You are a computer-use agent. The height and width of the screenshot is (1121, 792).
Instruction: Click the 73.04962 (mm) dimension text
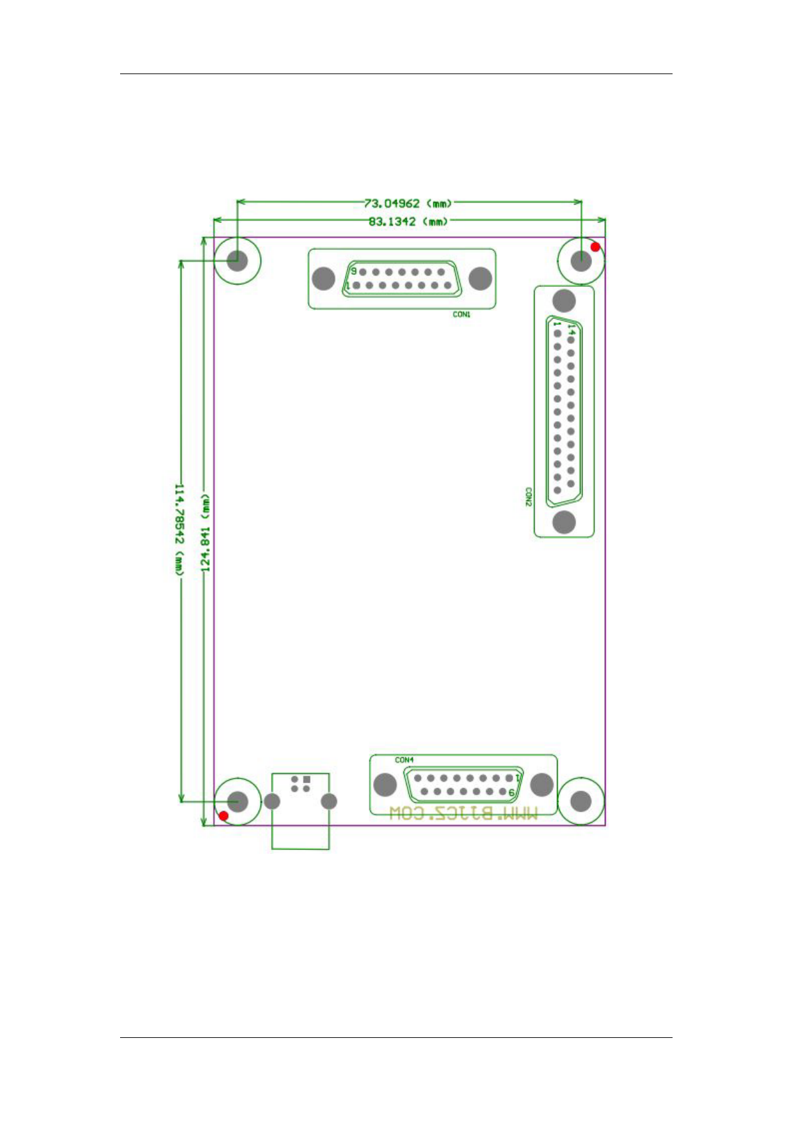407,203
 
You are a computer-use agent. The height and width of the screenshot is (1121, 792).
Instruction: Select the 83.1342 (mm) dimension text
407,222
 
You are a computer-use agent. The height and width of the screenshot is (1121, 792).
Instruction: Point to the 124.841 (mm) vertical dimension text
205,532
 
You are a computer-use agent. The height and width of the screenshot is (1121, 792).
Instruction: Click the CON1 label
461,314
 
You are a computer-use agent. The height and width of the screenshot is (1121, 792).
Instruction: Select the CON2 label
528,497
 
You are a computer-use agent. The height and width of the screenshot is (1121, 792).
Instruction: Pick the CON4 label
404,760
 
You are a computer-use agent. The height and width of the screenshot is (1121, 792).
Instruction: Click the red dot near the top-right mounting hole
595,247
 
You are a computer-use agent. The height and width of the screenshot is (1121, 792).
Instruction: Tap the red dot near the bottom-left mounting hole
224,816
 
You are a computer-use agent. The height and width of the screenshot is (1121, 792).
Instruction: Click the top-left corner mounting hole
237,260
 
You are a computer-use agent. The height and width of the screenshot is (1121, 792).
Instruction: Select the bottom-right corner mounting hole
581,801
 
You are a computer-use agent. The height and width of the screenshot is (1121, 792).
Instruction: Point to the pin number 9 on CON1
354,271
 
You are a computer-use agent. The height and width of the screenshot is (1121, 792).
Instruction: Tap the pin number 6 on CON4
512,792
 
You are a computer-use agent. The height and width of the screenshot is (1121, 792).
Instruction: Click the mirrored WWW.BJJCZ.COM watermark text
463,813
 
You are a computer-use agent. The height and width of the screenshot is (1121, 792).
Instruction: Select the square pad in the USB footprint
307,780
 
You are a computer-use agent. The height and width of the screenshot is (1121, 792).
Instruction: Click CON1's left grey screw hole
323,279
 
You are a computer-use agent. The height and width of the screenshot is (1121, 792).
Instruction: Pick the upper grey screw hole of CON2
563,301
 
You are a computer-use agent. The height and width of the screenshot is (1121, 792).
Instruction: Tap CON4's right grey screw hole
542,785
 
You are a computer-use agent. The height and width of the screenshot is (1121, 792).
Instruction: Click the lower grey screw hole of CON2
563,522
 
